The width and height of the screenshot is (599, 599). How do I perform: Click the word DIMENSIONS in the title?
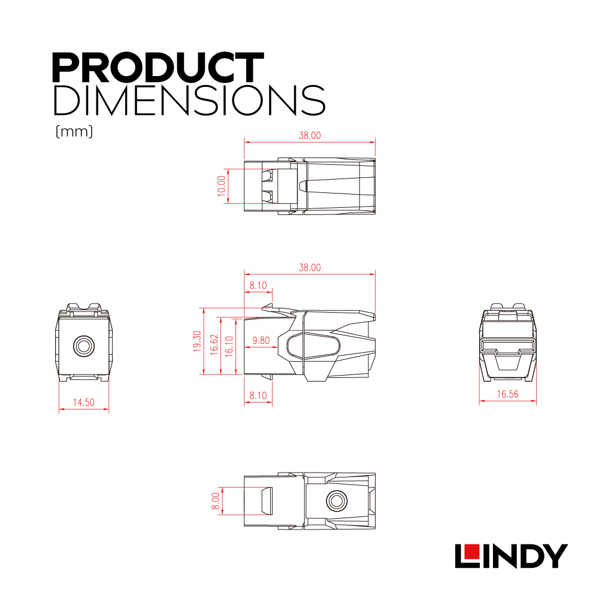pos(189,101)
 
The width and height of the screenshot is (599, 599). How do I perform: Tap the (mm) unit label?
pos(74,132)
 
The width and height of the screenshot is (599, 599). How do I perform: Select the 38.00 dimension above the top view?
pos(310,135)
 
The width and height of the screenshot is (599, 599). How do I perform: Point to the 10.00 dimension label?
pos(221,186)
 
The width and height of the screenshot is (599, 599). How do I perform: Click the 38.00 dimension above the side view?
pos(310,267)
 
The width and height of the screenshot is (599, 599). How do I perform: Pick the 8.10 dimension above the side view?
pos(258,285)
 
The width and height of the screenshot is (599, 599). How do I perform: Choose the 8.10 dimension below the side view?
pos(258,395)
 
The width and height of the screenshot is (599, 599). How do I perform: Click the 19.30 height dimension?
pos(197,341)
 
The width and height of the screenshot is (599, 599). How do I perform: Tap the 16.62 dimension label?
pos(214,344)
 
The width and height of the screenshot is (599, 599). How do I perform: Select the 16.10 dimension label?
pos(229,346)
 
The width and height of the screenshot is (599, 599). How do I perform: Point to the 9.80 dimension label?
pos(261,340)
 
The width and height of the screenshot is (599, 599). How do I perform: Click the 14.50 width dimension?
pos(84,403)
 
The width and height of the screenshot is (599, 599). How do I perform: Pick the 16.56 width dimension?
pos(508,394)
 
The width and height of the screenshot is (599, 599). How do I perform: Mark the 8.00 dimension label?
pos(216,501)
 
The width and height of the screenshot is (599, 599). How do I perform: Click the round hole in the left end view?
pos(84,346)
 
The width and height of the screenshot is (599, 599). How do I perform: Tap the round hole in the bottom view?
pos(337,500)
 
